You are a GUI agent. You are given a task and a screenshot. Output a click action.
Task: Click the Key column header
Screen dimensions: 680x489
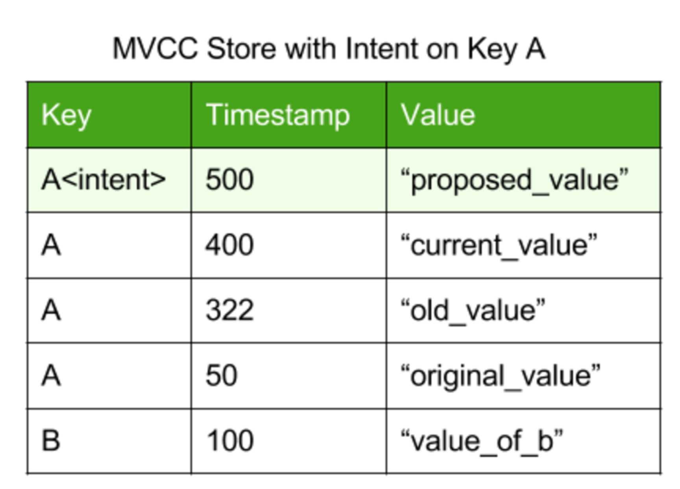pyautogui.click(x=66, y=116)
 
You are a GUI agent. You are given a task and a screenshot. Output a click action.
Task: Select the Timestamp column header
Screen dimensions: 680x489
pyautogui.click(x=277, y=116)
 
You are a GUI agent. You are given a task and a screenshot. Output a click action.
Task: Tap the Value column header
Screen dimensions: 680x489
pyautogui.click(x=438, y=115)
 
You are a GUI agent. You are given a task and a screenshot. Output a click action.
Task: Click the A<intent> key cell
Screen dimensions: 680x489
pyautogui.click(x=103, y=180)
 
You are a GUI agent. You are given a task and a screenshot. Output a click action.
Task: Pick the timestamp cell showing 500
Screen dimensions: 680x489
pyautogui.click(x=229, y=180)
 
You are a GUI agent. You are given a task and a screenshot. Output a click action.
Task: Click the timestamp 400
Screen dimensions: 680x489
pyautogui.click(x=229, y=245)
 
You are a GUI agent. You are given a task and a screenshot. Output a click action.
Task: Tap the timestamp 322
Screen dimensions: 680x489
pyautogui.click(x=229, y=310)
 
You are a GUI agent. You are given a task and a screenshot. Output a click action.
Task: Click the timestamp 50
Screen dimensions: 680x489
pyautogui.click(x=222, y=375)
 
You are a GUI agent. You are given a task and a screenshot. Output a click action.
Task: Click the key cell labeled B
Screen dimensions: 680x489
pyautogui.click(x=51, y=440)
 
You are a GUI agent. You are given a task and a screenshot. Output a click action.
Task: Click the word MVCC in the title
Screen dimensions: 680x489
pyautogui.click(x=155, y=49)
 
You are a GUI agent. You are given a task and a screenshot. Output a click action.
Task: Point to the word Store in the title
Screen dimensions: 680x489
pyautogui.click(x=241, y=49)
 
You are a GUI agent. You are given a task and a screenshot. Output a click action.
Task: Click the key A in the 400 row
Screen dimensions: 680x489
pyautogui.click(x=51, y=245)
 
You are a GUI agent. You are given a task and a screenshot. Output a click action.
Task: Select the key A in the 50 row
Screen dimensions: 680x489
pyautogui.click(x=51, y=375)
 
